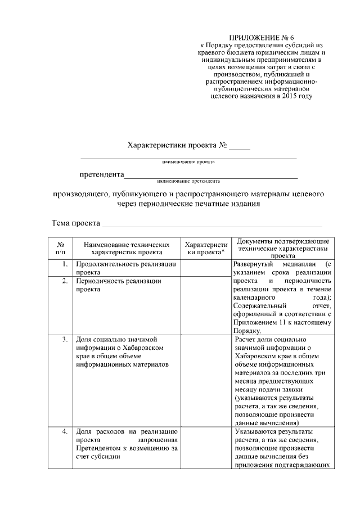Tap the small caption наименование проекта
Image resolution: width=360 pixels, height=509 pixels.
click(x=188, y=161)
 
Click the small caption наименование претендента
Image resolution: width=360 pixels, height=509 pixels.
click(x=188, y=181)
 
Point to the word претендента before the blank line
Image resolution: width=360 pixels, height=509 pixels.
click(x=101, y=174)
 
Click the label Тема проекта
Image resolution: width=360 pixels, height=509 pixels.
click(x=75, y=223)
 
